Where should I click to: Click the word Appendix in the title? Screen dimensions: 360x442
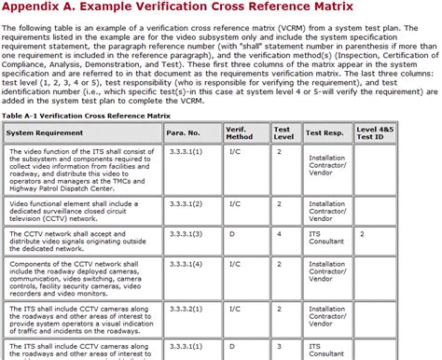(35, 8)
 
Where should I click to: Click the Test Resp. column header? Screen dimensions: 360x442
(325, 132)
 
